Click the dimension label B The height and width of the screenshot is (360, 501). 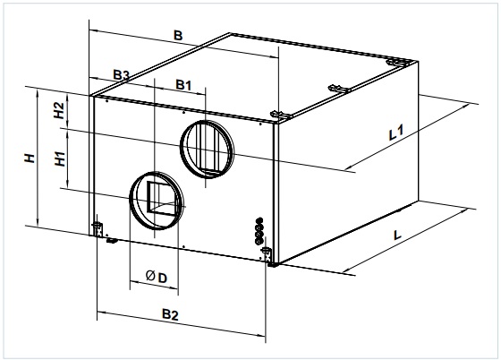coord(178,35)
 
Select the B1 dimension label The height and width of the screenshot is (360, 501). coord(183,85)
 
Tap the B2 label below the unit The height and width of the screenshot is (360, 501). coord(170,314)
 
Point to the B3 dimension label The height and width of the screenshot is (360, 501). coord(122,75)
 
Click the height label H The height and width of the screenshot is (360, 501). coord(30,158)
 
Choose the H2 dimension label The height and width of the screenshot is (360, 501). coord(59,111)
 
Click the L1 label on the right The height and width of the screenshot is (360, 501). coord(396,133)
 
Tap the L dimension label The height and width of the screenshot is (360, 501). coord(397,236)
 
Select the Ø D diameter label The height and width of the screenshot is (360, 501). coord(157,277)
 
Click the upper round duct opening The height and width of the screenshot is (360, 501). coord(207,150)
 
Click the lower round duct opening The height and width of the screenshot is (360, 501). coord(157,201)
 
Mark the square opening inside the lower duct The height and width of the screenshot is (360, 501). coord(161,198)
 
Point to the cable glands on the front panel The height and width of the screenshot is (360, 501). coord(259,231)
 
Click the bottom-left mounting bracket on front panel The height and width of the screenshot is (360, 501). coord(98,229)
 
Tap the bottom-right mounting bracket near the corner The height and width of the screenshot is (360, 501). coord(267,254)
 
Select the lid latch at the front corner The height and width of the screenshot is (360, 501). coord(281,115)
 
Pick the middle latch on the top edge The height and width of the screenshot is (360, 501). coord(339,89)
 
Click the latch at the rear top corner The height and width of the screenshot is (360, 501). coord(397,63)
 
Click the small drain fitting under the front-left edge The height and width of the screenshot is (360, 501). coord(112,240)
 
